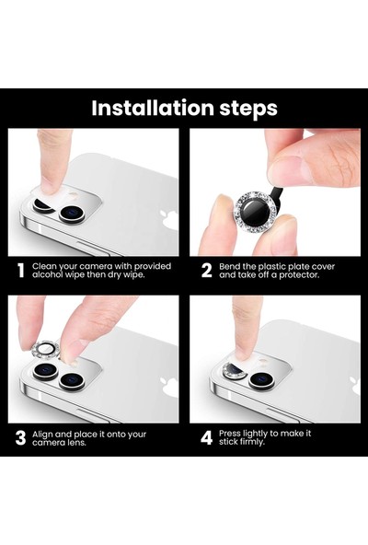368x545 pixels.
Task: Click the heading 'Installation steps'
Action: (x=184, y=109)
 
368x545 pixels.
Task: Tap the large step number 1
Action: (x=20, y=271)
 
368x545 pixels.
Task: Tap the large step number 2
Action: (x=206, y=271)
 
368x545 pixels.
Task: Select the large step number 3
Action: (x=20, y=438)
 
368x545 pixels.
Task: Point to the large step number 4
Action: (x=206, y=438)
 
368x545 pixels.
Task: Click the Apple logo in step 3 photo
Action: (x=168, y=388)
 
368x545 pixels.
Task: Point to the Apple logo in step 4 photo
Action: (x=354, y=387)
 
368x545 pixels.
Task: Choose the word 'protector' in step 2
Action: (x=310, y=276)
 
